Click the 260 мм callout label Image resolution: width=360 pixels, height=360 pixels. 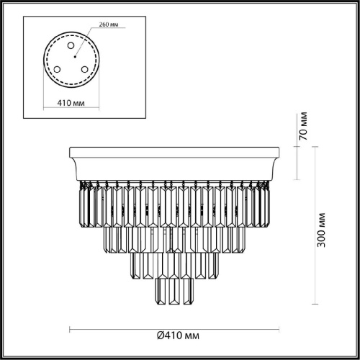(x=109, y=24)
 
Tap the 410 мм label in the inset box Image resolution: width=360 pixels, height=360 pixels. (x=71, y=103)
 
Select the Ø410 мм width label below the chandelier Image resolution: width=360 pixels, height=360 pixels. (x=178, y=336)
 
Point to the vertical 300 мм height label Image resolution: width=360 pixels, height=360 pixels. (x=321, y=230)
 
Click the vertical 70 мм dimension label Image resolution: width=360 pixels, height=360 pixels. (x=304, y=126)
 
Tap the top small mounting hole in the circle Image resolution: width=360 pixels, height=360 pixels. (x=71, y=45)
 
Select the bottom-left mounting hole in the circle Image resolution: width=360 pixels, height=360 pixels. (x=57, y=70)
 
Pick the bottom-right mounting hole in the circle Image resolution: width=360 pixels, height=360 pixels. (x=84, y=70)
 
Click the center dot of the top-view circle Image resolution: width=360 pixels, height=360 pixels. (x=75, y=57)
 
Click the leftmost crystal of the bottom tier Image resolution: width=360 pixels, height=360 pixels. (x=161, y=292)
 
